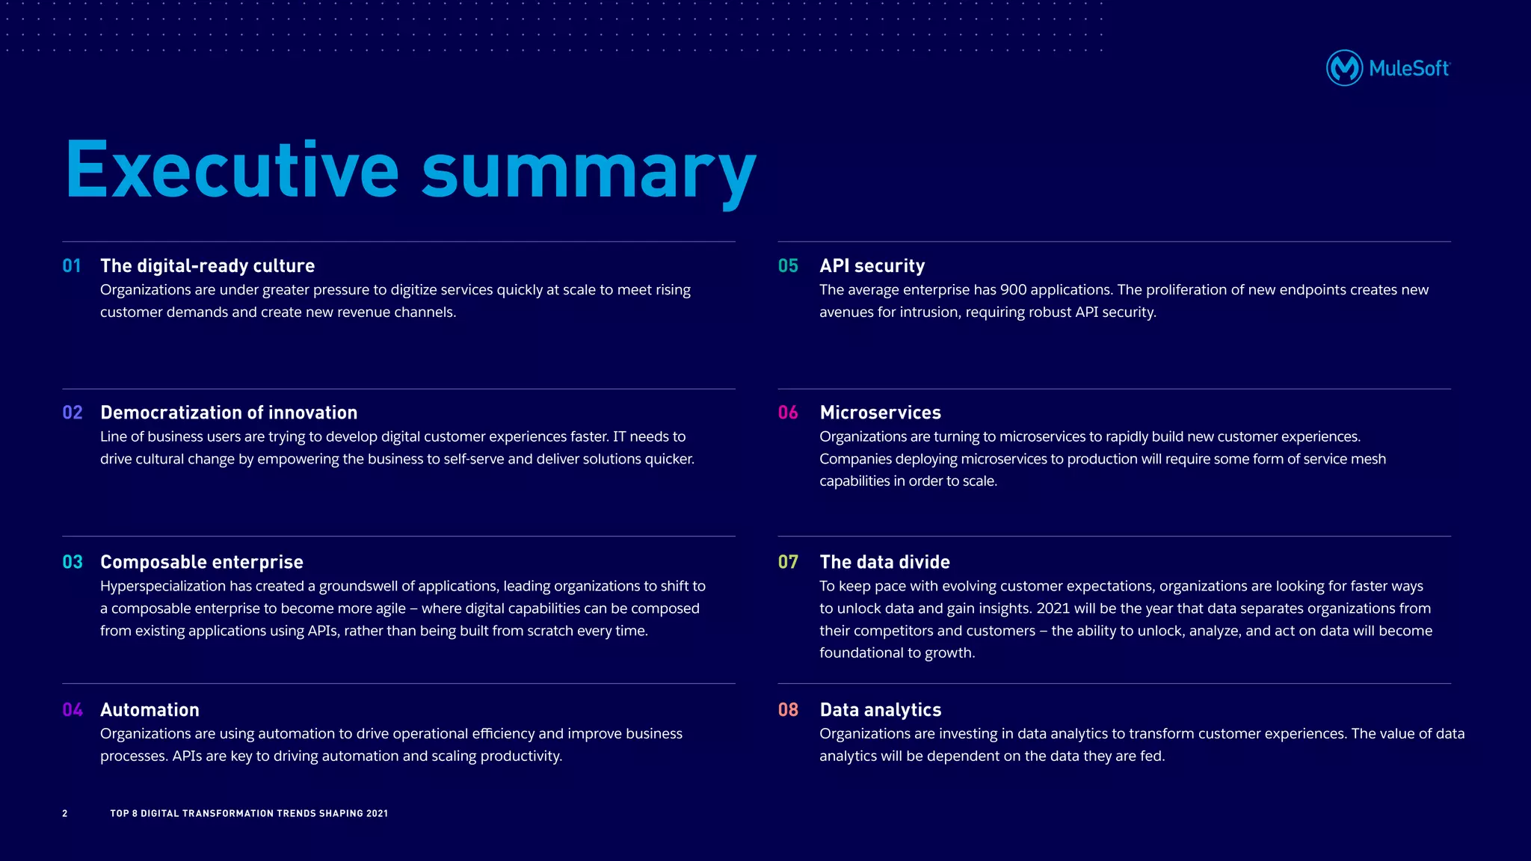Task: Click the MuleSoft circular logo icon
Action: click(x=1344, y=68)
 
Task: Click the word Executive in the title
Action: click(x=232, y=170)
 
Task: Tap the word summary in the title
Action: click(x=588, y=173)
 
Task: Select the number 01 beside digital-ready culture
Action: click(x=72, y=266)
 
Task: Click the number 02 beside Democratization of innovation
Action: click(x=73, y=413)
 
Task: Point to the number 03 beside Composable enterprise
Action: click(x=73, y=562)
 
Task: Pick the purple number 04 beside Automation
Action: click(x=73, y=710)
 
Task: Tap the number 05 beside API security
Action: click(x=788, y=266)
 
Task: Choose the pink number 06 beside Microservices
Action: click(x=788, y=413)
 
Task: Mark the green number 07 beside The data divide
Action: click(x=788, y=562)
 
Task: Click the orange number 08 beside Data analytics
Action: click(x=788, y=710)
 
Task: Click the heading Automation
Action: click(x=150, y=710)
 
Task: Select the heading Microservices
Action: click(x=880, y=413)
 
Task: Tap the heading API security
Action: click(x=872, y=266)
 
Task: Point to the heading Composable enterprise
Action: click(x=202, y=562)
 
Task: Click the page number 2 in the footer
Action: click(x=65, y=813)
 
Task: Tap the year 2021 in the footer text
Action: click(x=377, y=813)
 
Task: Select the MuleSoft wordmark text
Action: click(x=1409, y=69)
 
